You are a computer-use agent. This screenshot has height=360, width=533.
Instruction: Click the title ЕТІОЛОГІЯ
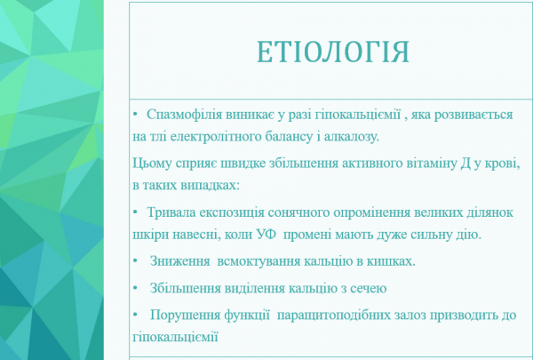point(333,52)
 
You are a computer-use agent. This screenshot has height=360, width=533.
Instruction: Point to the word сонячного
point(301,214)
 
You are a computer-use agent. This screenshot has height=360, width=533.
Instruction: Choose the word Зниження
point(179,264)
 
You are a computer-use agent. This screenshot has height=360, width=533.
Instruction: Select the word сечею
point(365,289)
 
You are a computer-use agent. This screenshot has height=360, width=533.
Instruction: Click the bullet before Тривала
point(133,214)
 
